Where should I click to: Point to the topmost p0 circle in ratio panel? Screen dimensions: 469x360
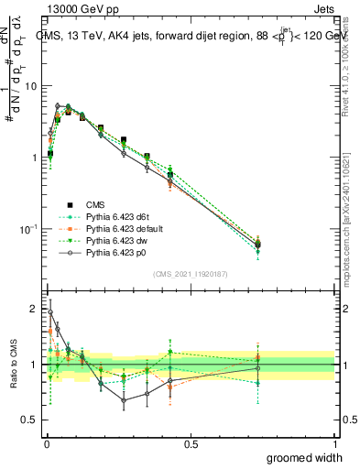pyautogui.click(x=50, y=311)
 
